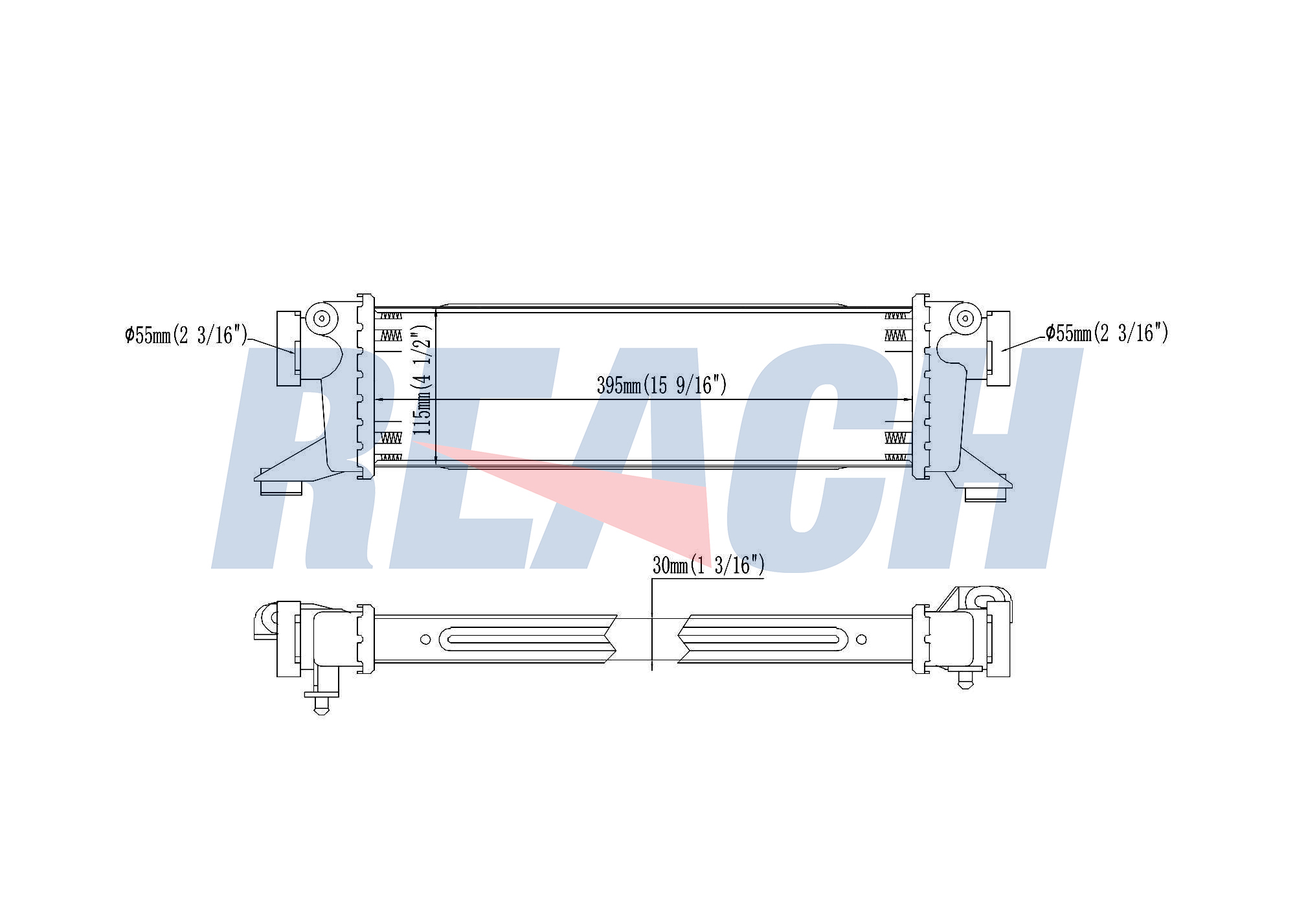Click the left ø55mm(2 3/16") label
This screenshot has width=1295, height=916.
point(186,335)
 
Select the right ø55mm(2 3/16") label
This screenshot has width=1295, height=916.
point(1107,333)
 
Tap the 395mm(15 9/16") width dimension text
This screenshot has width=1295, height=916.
point(662,385)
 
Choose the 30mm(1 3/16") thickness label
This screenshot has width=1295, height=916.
point(708,565)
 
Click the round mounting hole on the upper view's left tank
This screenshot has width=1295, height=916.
point(322,318)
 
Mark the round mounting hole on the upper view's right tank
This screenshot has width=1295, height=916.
point(965,318)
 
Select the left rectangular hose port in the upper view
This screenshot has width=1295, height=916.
point(289,348)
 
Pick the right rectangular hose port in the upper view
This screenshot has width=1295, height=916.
point(998,348)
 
